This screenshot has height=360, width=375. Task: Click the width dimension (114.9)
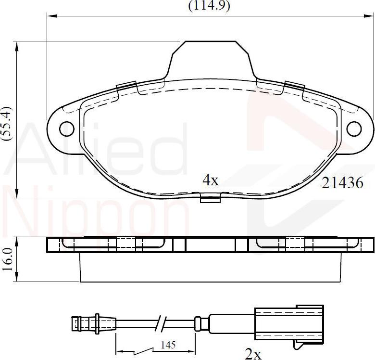pyautogui.click(x=209, y=6)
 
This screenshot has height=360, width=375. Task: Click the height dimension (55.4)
pyautogui.click(x=6, y=123)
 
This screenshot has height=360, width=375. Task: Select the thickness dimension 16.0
pyautogui.click(x=6, y=259)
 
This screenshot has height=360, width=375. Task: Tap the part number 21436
pyautogui.click(x=342, y=183)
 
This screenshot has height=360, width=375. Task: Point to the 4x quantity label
pyautogui.click(x=210, y=180)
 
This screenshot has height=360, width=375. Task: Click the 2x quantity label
pyautogui.click(x=253, y=354)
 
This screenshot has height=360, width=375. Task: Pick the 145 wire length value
pyautogui.click(x=168, y=345)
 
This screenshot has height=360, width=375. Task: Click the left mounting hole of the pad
pyautogui.click(x=66, y=128)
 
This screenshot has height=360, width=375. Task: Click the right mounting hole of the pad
pyautogui.click(x=354, y=129)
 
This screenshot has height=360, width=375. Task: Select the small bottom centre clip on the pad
pyautogui.click(x=210, y=198)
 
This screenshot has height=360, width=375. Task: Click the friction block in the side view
pyautogui.click(x=210, y=268)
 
